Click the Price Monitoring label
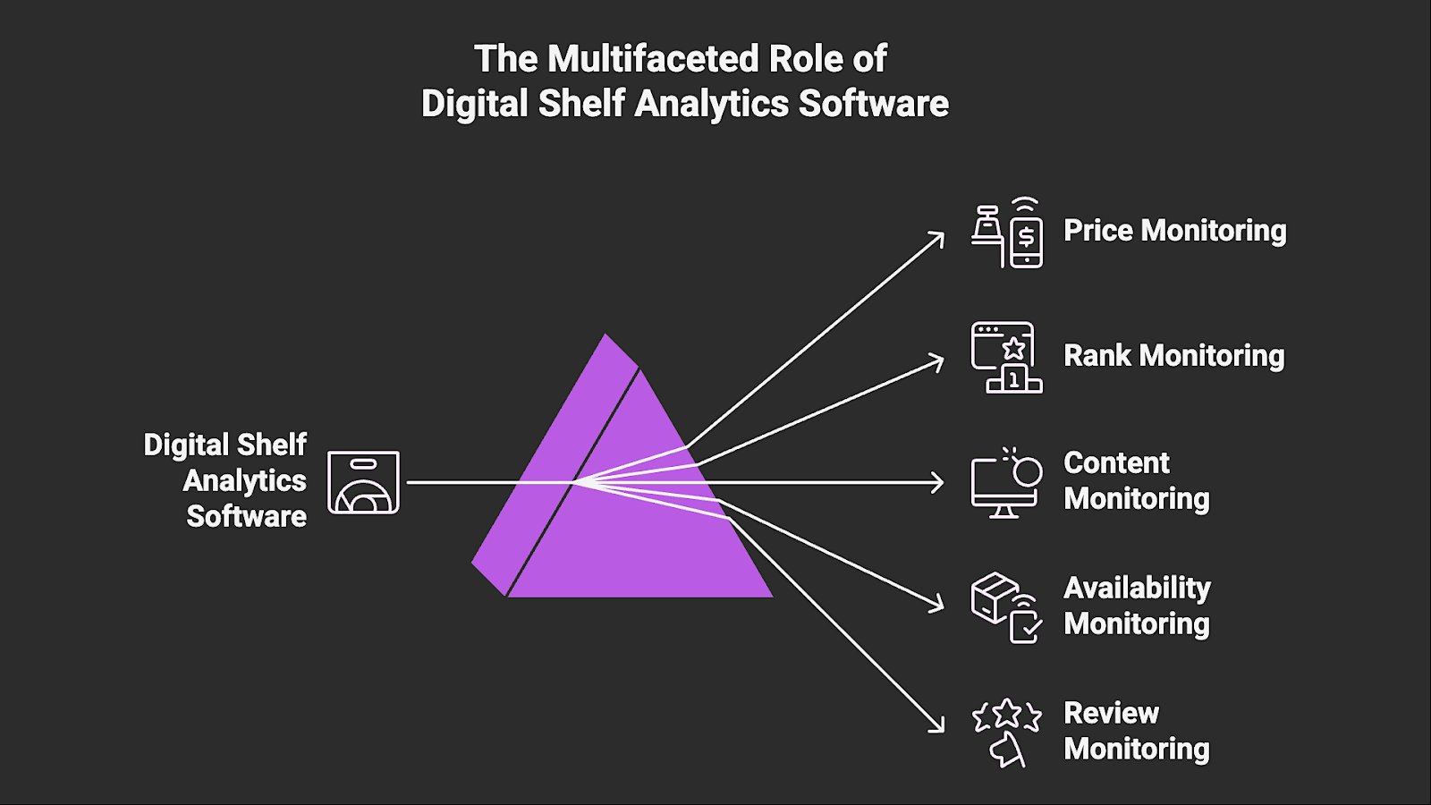point(1174,231)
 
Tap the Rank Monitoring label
point(1173,356)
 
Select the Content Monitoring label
point(1136,481)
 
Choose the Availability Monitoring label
point(1137,606)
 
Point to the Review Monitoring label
point(1136,731)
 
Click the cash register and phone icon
point(1007,233)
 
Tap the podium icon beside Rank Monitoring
point(1007,358)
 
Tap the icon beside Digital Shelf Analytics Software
point(363,482)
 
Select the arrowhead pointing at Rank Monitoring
point(938,361)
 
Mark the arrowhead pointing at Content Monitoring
point(939,482)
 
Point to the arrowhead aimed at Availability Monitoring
point(938,604)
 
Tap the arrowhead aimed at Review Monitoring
point(938,726)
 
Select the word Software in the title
point(873,104)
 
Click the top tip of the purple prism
point(606,336)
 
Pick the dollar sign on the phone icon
point(1027,237)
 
